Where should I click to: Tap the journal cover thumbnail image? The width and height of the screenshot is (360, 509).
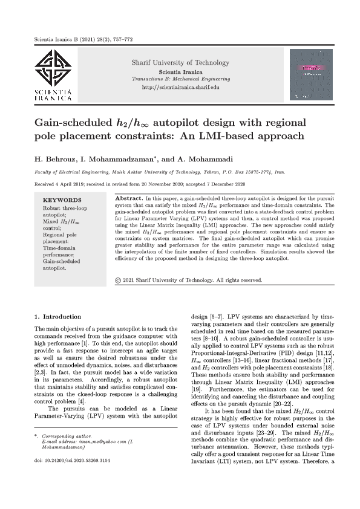coord(312,74)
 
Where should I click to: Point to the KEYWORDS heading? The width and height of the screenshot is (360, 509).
coord(63,199)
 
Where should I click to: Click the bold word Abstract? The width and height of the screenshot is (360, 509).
coord(128,198)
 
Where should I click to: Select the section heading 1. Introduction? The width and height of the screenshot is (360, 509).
coord(57,317)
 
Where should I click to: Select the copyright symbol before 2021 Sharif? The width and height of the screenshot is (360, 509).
coord(118,280)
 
